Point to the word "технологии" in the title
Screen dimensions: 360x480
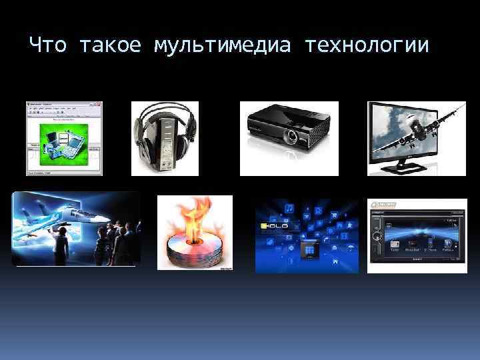pyautogui.click(x=369, y=46)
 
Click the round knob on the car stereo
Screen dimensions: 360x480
pyautogui.click(x=377, y=235)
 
